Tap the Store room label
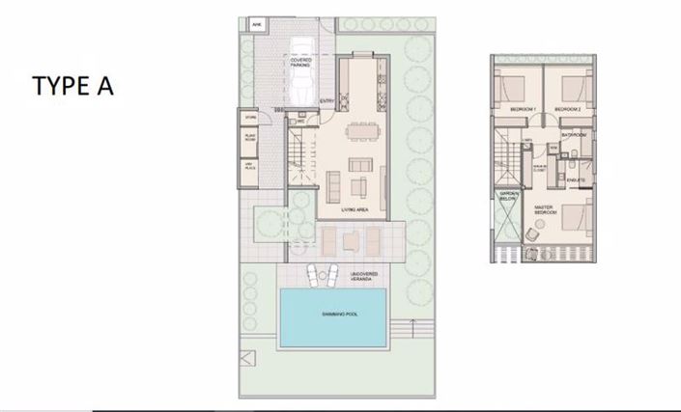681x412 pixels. coord(250,119)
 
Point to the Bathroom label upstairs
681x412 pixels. coord(574,135)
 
